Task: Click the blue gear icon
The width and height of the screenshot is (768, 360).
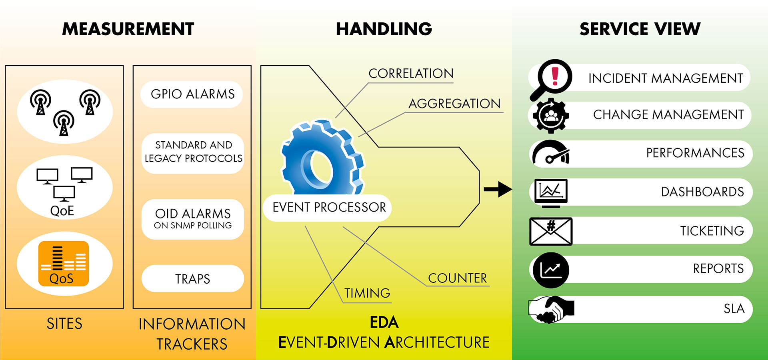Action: [x=322, y=158]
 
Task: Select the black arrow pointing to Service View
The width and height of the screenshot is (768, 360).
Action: [x=498, y=189]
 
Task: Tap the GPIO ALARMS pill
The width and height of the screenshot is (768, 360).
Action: [x=192, y=94]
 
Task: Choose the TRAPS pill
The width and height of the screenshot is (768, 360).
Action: [x=192, y=278]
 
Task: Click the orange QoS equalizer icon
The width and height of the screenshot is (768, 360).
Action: [x=63, y=263]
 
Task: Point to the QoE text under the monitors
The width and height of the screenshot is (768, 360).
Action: [x=62, y=211]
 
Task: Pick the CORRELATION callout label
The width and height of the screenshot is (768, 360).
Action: [x=411, y=74]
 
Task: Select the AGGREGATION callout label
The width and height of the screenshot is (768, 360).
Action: [x=454, y=104]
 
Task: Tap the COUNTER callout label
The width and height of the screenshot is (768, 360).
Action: [x=458, y=278]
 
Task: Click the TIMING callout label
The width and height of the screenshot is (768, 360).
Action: [x=367, y=293]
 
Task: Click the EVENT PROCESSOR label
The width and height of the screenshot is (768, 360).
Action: [x=329, y=207]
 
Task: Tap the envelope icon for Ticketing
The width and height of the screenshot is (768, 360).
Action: [x=551, y=231]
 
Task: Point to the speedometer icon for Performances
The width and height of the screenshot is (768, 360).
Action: [x=550, y=153]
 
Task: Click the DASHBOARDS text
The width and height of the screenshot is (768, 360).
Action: [x=702, y=192]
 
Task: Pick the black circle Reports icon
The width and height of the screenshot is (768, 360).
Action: [x=551, y=270]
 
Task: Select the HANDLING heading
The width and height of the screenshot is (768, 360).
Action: [x=384, y=29]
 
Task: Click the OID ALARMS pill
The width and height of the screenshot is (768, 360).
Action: [x=193, y=219]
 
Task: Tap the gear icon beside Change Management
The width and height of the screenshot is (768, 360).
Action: [x=551, y=116]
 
